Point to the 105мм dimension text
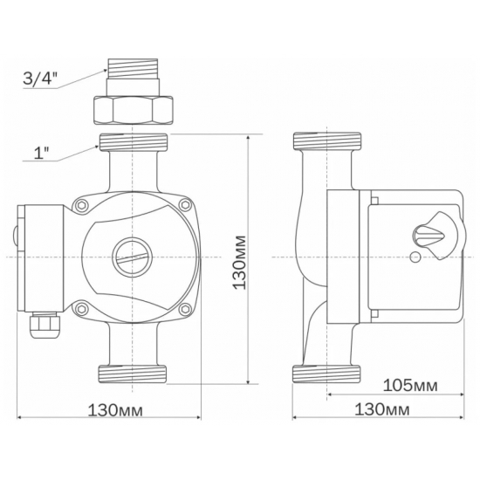[409, 385]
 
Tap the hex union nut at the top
[133, 111]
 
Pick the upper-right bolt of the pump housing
[184, 206]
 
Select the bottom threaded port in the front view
[133, 373]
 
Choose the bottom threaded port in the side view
[327, 374]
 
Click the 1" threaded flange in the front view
[133, 144]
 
